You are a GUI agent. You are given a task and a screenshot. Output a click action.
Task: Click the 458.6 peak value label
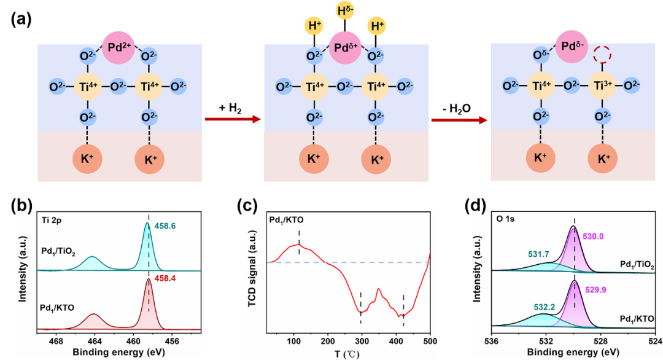coord(166,227)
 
